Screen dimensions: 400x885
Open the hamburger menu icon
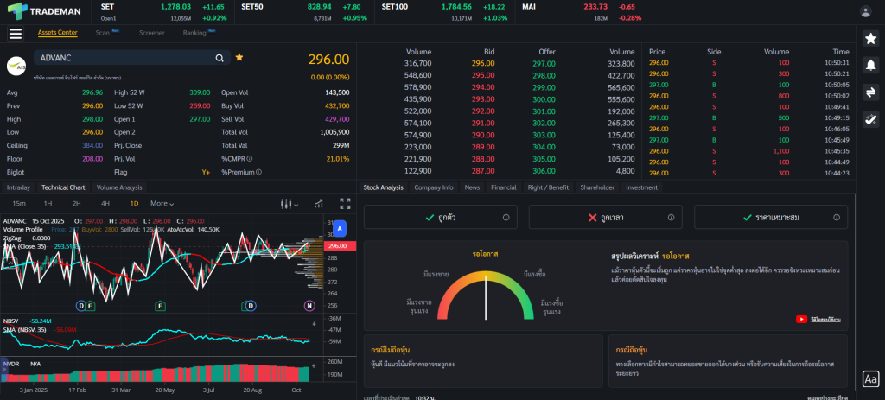click(15, 34)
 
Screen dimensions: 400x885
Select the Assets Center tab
click(57, 33)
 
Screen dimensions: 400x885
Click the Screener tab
click(151, 33)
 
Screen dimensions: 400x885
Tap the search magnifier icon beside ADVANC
click(220, 58)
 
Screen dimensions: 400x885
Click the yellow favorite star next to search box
click(239, 57)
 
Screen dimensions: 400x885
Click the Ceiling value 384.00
click(92, 145)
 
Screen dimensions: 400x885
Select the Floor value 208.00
click(92, 159)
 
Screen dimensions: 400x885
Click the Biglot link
click(16, 172)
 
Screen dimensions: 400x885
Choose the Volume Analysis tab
click(119, 187)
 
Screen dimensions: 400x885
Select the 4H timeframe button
click(105, 203)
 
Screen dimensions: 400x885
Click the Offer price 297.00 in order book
click(544, 63)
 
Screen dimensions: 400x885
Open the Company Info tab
click(433, 187)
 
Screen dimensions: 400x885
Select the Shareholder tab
click(596, 187)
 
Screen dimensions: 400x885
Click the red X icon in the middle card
click(591, 218)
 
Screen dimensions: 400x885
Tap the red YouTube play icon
click(801, 320)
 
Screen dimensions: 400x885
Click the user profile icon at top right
click(865, 11)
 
